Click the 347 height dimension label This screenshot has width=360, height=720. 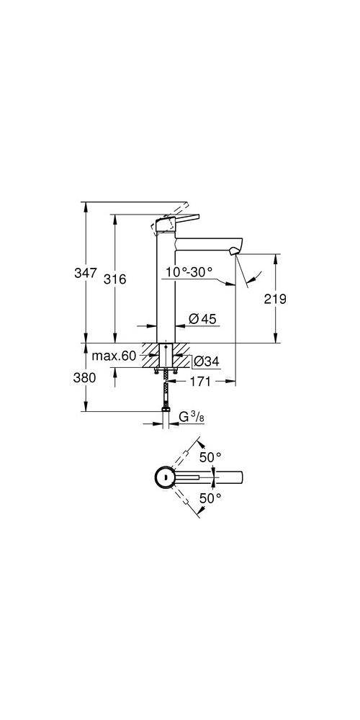[86, 274]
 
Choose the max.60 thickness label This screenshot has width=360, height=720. [113, 356]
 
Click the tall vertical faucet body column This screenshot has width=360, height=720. [166, 288]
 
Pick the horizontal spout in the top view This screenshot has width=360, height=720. [216, 477]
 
